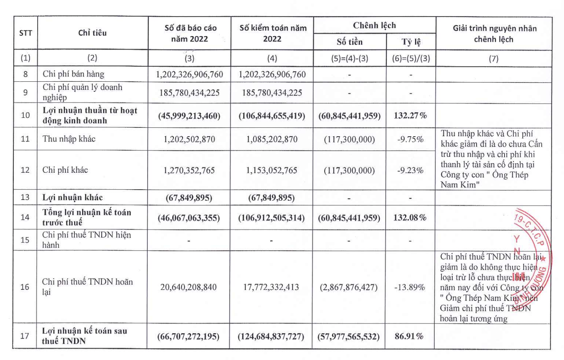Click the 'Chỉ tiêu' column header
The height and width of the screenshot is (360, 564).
click(92, 33)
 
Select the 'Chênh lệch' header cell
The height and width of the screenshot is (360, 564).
click(374, 26)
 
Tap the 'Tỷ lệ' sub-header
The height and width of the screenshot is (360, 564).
click(411, 42)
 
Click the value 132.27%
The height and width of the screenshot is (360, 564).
click(410, 116)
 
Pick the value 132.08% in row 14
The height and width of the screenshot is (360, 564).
click(410, 218)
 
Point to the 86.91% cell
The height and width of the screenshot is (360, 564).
click(409, 336)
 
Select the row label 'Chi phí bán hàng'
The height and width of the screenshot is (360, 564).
click(73, 74)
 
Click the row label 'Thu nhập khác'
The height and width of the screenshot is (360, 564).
click(69, 139)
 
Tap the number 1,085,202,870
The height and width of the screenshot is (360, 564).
click(272, 139)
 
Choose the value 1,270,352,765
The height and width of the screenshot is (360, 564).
click(189, 170)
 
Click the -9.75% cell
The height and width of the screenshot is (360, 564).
click(410, 139)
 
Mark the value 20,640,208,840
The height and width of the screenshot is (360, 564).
click(188, 287)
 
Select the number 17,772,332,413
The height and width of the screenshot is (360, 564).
click(271, 287)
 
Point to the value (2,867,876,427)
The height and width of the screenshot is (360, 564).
click(349, 287)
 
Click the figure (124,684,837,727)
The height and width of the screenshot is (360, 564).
click(271, 337)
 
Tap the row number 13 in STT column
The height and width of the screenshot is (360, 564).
click(25, 197)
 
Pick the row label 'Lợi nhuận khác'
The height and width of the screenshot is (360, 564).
click(73, 198)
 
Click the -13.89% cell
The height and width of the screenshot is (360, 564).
click(409, 287)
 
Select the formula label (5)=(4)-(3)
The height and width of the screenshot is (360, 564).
click(350, 58)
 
